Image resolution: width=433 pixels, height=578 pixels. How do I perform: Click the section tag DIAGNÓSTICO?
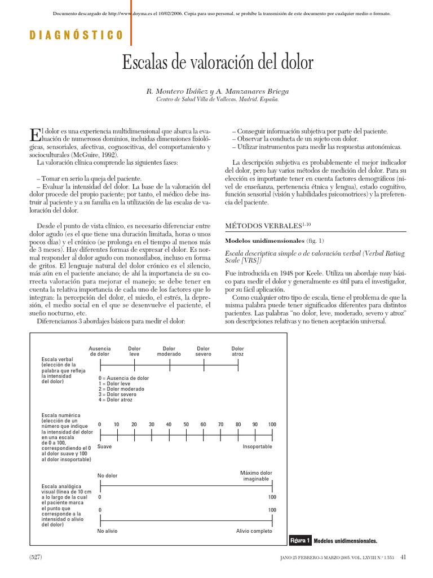tap(76, 36)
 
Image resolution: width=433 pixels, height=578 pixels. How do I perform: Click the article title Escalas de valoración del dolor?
tap(217, 63)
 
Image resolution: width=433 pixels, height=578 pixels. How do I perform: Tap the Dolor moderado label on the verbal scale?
tap(169, 351)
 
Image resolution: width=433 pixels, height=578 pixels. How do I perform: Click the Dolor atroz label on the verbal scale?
tap(238, 351)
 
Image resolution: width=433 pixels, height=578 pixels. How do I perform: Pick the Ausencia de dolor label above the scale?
tap(100, 351)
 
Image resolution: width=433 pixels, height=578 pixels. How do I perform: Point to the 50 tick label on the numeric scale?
tap(186, 424)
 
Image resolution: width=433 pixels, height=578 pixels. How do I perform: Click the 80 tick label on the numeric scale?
tap(238, 424)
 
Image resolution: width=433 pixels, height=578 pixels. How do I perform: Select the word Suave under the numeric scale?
tap(104, 446)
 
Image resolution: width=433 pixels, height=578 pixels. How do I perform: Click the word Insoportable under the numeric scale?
tap(257, 446)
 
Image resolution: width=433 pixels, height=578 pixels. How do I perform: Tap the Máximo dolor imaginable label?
tap(256, 475)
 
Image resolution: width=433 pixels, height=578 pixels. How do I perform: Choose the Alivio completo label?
tap(254, 531)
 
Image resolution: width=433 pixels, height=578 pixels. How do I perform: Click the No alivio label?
tap(108, 531)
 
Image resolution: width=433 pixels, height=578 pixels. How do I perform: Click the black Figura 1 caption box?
tap(300, 541)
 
